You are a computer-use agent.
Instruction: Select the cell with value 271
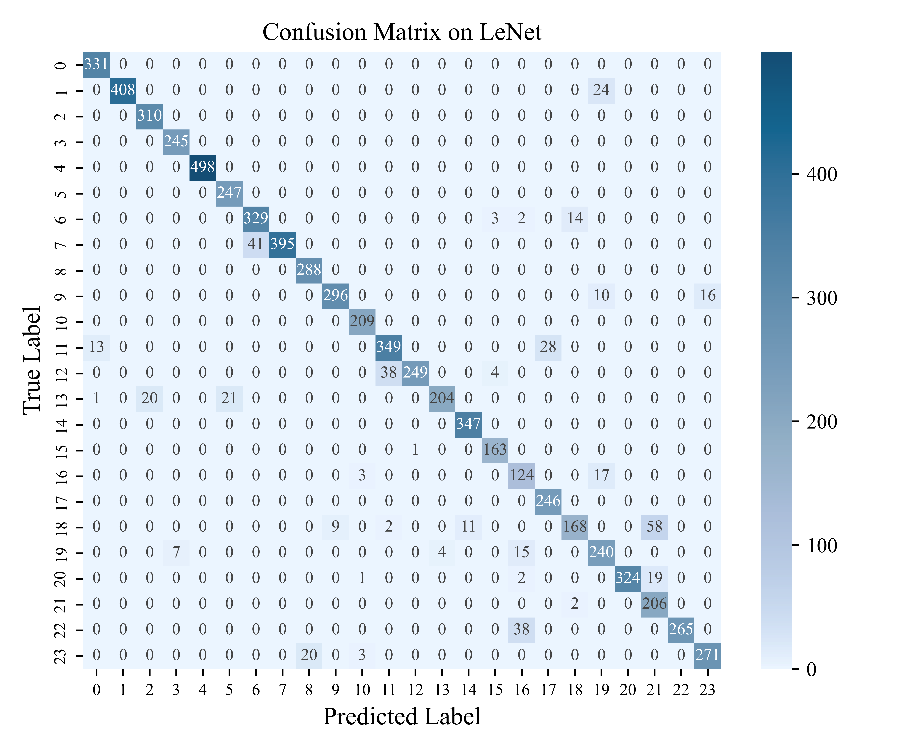coord(707,655)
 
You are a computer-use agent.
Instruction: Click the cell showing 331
coord(96,64)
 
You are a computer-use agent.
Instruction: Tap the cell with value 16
coord(707,296)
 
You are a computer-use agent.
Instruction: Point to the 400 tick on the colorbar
coord(821,174)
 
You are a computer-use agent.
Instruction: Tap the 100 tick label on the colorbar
coord(821,546)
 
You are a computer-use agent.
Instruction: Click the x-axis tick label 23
coord(707,690)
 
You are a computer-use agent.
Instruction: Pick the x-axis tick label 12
coord(415,690)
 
